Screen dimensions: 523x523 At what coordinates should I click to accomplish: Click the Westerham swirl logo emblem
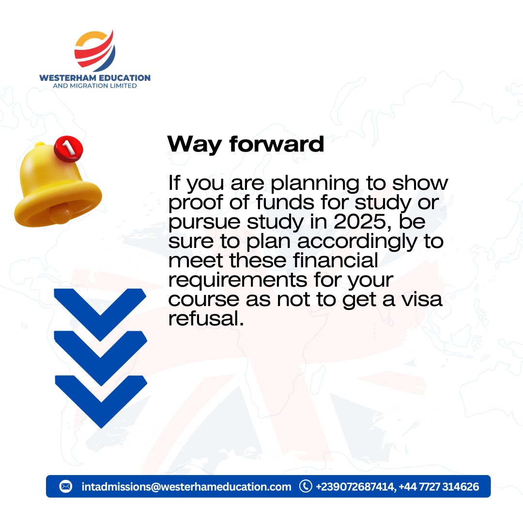point(95,50)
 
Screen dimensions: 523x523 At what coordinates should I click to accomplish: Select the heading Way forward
point(246,144)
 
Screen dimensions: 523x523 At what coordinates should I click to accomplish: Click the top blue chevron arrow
point(100,310)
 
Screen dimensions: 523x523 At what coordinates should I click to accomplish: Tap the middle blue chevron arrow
point(100,353)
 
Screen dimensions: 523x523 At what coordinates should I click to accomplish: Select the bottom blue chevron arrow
point(100,397)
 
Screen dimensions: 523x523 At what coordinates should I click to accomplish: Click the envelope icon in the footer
point(66,486)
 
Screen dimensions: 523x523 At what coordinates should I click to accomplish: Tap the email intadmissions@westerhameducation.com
point(186,487)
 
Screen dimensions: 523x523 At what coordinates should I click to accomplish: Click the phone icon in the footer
point(306,486)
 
